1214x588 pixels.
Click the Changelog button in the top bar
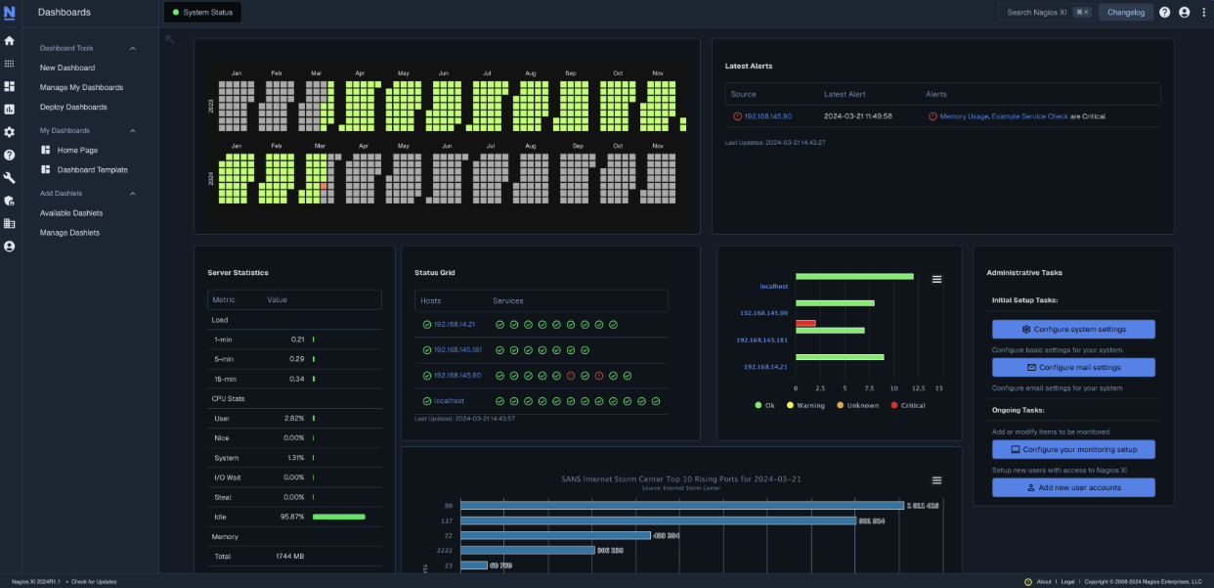pos(1126,13)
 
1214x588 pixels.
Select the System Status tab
pos(203,13)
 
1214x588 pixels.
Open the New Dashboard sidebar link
pos(67,68)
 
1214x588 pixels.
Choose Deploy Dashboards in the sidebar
pos(73,107)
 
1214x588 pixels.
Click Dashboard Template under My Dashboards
pos(92,169)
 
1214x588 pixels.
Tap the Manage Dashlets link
pos(69,233)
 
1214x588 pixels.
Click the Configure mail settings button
pos(1073,367)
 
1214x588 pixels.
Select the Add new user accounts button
pos(1073,487)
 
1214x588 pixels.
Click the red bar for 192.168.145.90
pos(805,322)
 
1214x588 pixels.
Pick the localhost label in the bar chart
pos(774,286)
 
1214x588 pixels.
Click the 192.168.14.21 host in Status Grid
pos(455,324)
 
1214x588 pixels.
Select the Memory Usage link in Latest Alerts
pos(964,116)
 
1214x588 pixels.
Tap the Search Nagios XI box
pos(1044,13)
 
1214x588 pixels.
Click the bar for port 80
pos(681,506)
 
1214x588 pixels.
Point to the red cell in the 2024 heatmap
pos(324,186)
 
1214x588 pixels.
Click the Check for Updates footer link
pos(94,581)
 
